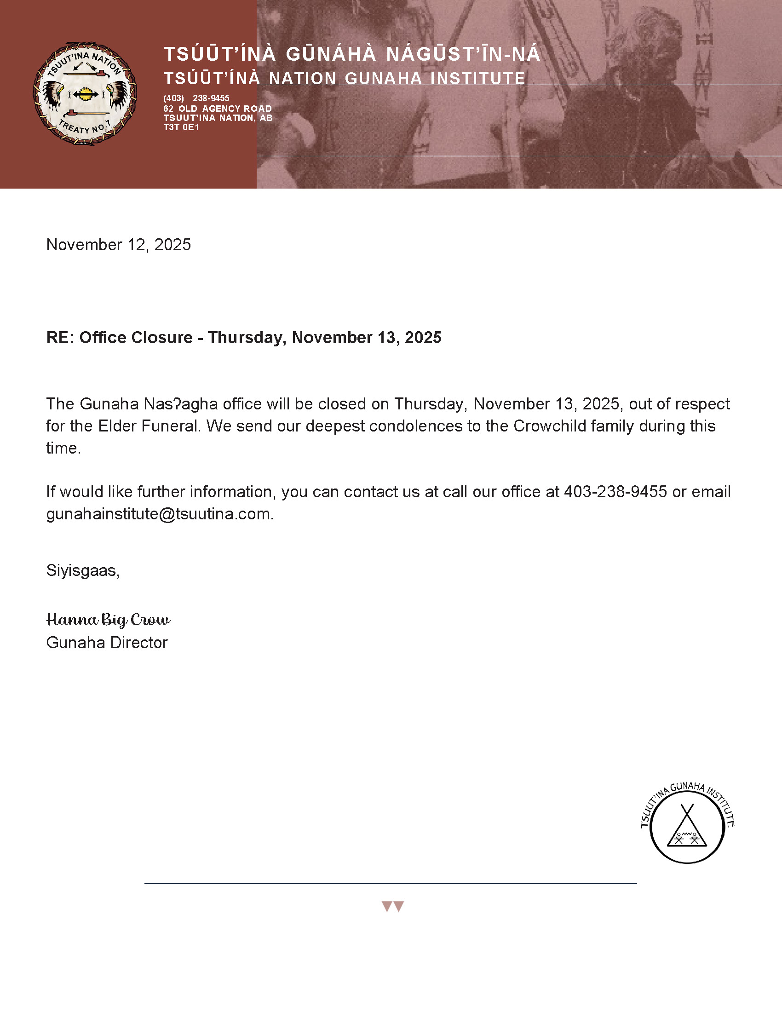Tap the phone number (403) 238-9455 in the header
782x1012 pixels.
[196, 98]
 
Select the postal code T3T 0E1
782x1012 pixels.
[181, 127]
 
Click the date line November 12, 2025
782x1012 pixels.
[119, 245]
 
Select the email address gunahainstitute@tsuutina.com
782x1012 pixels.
[158, 514]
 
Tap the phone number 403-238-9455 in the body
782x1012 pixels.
[615, 492]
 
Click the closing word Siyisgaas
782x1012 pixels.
[82, 570]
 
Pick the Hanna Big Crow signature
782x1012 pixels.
[109, 620]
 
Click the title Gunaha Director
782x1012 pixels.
[107, 643]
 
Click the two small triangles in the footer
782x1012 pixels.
[392, 906]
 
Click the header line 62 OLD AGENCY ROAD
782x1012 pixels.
[217, 109]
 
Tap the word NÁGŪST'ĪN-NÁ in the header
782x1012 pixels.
[463, 54]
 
